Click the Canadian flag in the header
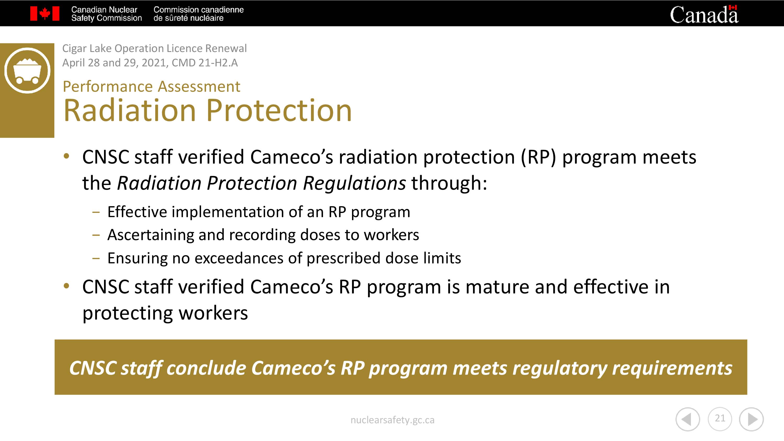pyautogui.click(x=45, y=14)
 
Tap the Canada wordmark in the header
pyautogui.click(x=704, y=14)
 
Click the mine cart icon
pyautogui.click(x=27, y=70)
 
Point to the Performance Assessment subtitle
pyautogui.click(x=151, y=86)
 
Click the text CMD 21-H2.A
pyautogui.click(x=205, y=63)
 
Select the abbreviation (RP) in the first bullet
pyautogui.click(x=538, y=157)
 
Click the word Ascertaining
pyautogui.click(x=151, y=235)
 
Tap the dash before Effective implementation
pyautogui.click(x=96, y=212)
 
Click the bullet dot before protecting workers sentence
pyautogui.click(x=66, y=286)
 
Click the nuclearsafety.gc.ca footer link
pyautogui.click(x=392, y=420)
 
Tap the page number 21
pyautogui.click(x=720, y=419)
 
